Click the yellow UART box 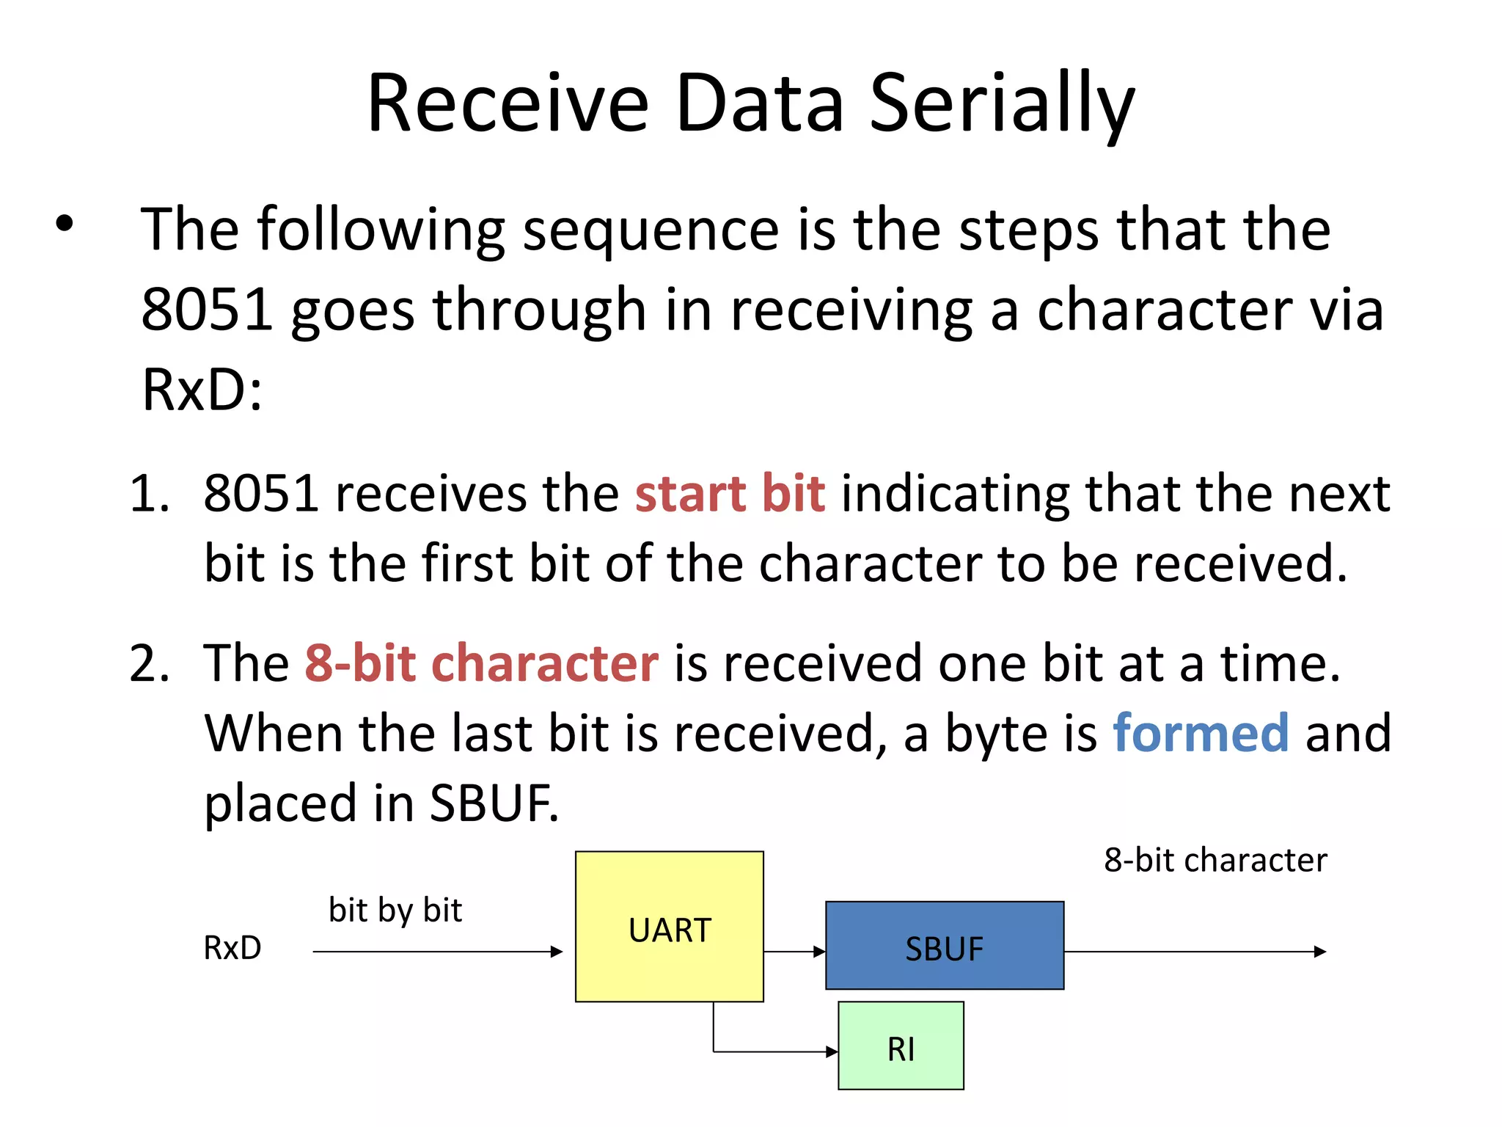[x=669, y=926]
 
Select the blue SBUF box [x=944, y=945]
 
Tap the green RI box [x=901, y=1046]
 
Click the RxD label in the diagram [x=232, y=948]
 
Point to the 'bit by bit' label [x=395, y=910]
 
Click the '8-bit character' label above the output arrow [x=1215, y=860]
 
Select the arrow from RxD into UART [x=437, y=952]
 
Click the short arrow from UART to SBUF [x=794, y=952]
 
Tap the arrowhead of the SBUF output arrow [x=1320, y=952]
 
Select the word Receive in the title [x=508, y=104]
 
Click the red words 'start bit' [x=730, y=493]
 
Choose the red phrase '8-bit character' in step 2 [x=481, y=663]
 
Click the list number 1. [x=148, y=493]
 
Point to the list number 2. [x=148, y=663]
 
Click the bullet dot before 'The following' [x=65, y=223]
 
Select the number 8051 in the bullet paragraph [x=207, y=310]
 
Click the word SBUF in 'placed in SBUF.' [x=493, y=803]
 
